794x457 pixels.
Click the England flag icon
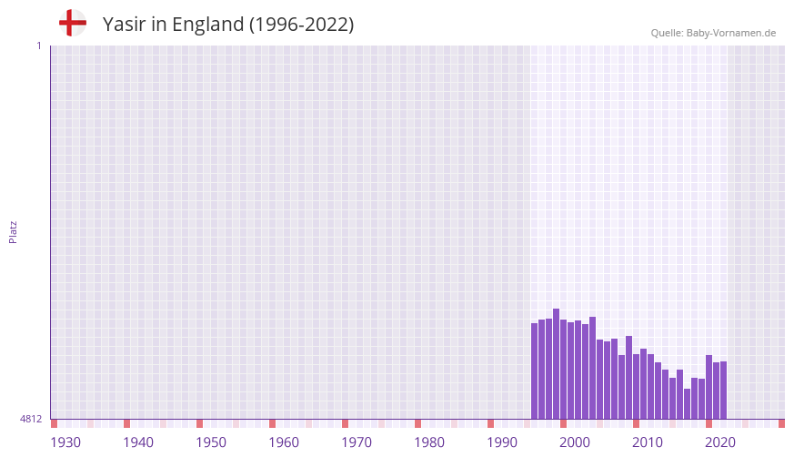[72, 24]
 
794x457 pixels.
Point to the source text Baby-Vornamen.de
[730, 33]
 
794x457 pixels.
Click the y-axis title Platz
[13, 231]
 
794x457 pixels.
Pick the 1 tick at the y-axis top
[38, 46]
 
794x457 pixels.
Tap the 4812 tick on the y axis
[31, 419]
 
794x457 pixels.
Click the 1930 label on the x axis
[65, 442]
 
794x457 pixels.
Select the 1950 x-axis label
[211, 442]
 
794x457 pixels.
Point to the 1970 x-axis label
[357, 442]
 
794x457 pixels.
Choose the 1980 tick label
[429, 442]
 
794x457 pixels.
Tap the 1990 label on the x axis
[502, 442]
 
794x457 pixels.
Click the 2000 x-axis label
[575, 442]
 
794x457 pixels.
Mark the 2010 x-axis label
[648, 442]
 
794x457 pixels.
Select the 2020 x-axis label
[720, 442]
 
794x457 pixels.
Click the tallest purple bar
[557, 364]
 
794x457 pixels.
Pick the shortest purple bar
[688, 404]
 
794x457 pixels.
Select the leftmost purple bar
[535, 371]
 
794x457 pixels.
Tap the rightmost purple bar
[723, 391]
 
